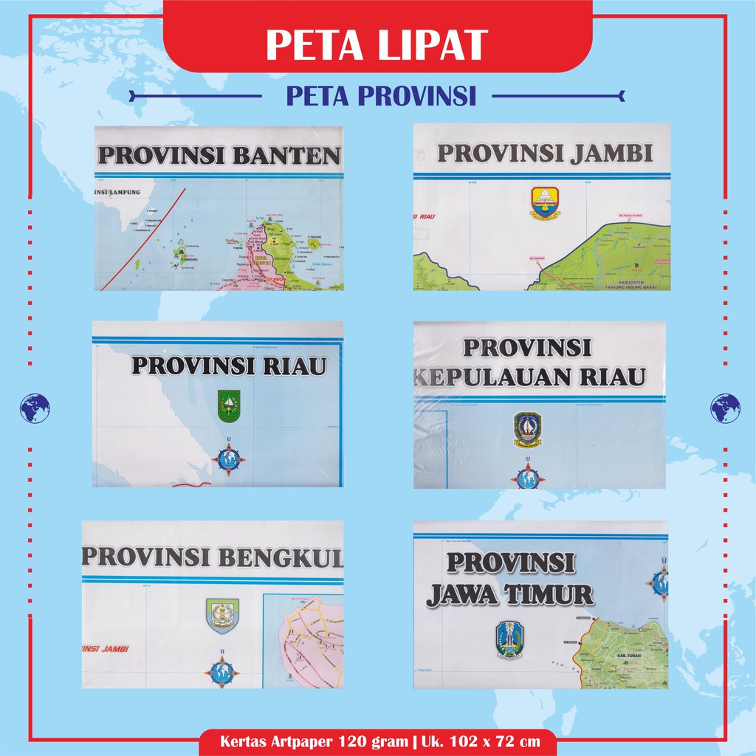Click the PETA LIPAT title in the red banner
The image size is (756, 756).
(377, 44)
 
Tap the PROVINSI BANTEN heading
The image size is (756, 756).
(219, 156)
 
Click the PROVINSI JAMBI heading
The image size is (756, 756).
(545, 153)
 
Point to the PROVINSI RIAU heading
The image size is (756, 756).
(228, 365)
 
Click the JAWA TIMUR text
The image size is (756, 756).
(509, 594)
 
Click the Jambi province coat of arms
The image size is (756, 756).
(545, 203)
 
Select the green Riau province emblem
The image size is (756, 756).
(229, 407)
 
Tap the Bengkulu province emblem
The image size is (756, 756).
(221, 615)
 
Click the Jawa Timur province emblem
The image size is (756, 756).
(508, 639)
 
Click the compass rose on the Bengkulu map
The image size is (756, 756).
(221, 671)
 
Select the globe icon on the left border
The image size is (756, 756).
(35, 408)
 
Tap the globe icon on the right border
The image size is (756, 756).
(725, 408)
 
